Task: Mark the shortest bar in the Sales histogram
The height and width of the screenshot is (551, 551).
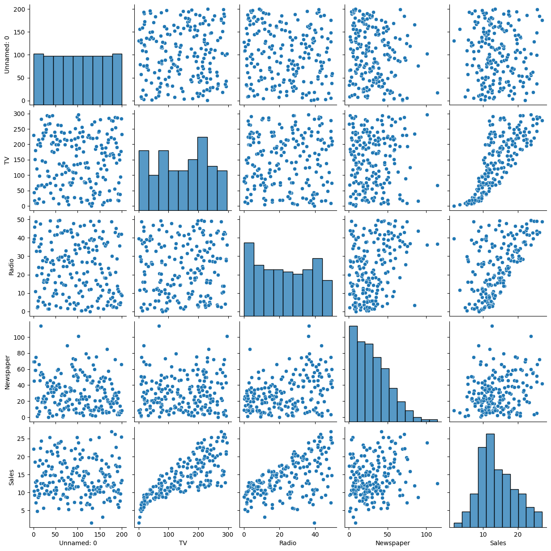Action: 458,525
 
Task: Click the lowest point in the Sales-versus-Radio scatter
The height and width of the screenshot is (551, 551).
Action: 314,523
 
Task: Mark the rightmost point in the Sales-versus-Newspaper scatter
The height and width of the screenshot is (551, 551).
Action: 437,483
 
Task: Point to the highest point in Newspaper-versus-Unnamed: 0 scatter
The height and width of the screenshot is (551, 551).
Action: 41,326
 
